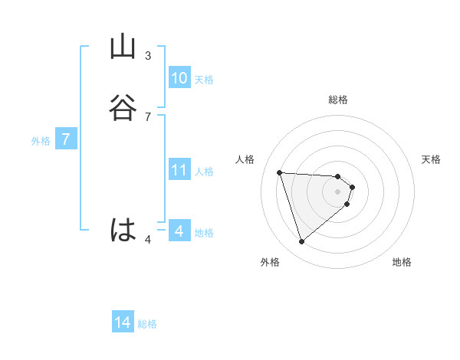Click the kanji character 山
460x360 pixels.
click(122, 47)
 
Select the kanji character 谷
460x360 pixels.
click(122, 108)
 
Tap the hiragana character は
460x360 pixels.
click(123, 230)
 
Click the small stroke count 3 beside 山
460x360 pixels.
click(148, 56)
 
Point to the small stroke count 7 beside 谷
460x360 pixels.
click(148, 116)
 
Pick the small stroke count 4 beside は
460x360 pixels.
click(148, 241)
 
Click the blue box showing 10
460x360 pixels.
click(179, 78)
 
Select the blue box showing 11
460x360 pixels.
click(179, 170)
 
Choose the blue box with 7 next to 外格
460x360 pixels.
click(66, 139)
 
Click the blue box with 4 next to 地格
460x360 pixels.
click(179, 231)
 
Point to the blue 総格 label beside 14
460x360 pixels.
click(147, 324)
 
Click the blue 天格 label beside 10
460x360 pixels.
click(204, 80)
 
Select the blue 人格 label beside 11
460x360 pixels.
click(204, 172)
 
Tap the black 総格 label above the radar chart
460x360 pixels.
click(338, 100)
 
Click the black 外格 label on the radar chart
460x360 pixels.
click(270, 262)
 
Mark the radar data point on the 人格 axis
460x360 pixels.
click(280, 172)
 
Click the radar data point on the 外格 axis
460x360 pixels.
click(302, 242)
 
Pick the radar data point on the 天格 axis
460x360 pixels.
click(353, 186)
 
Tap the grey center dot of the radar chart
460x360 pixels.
click(338, 191)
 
